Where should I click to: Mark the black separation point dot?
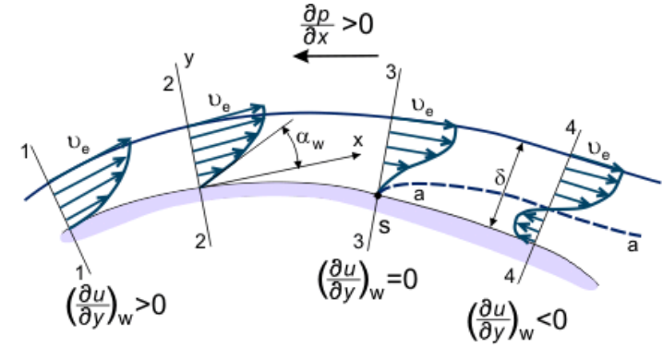point(379,196)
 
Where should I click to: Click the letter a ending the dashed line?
point(633,245)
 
